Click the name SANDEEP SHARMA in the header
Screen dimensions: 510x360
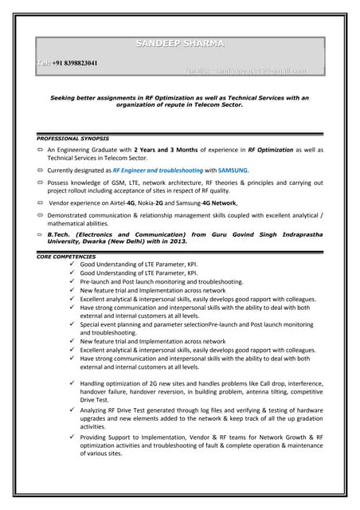pyautogui.click(x=179, y=43)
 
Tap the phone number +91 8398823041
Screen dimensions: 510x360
pyautogui.click(x=76, y=63)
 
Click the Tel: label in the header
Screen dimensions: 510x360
pyautogui.click(x=43, y=63)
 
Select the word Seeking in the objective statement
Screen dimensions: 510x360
pyautogui.click(x=66, y=97)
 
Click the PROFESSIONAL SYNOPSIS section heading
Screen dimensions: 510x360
pyautogui.click(x=72, y=139)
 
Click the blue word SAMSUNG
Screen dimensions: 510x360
pyautogui.click(x=233, y=170)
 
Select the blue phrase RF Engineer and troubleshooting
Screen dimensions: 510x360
pyautogui.click(x=158, y=170)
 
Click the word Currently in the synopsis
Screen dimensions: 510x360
pyautogui.click(x=65, y=170)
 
